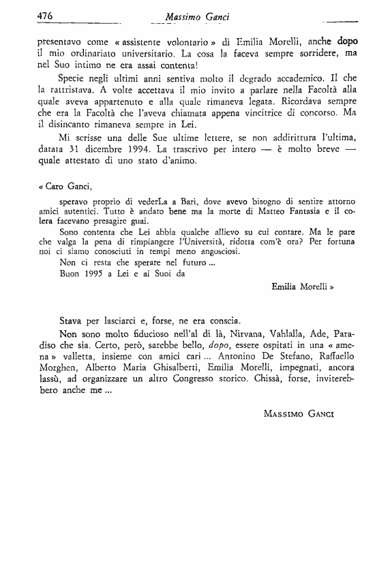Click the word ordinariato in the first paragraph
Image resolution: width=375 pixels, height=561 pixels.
(88, 53)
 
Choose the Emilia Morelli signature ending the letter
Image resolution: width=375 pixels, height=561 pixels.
(299, 287)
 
